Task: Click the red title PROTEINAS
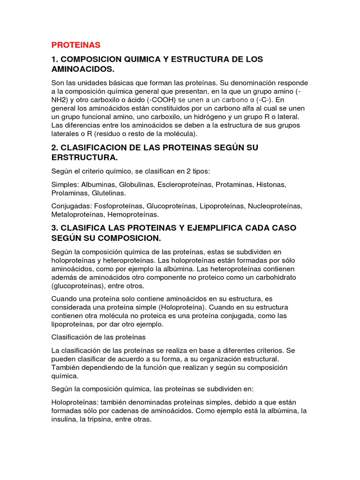point(76,45)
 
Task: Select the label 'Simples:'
point(65,185)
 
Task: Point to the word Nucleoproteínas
point(275,206)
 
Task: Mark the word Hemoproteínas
point(133,214)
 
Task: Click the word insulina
point(65,420)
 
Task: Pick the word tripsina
point(100,420)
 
